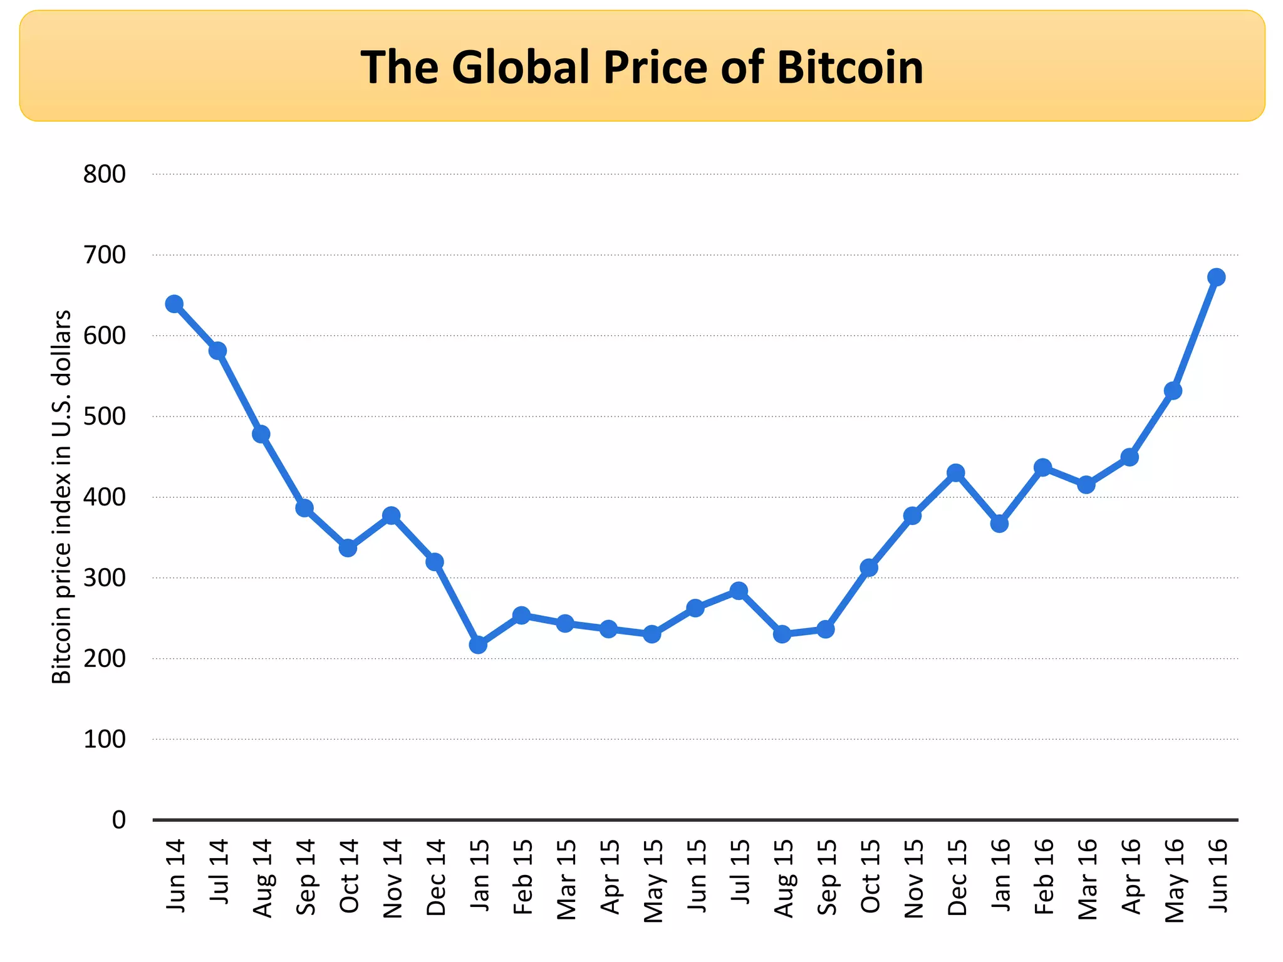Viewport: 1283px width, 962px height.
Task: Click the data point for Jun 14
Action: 174,304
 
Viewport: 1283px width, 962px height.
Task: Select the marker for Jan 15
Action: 478,644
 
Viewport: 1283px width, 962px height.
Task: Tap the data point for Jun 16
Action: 1216,277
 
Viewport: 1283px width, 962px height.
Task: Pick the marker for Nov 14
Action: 392,515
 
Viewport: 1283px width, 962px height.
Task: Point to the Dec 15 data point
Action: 955,472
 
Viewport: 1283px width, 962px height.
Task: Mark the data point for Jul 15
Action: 739,591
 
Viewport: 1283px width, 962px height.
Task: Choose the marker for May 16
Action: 1173,391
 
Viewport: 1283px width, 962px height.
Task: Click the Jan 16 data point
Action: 999,523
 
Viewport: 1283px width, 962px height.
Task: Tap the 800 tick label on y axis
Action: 104,175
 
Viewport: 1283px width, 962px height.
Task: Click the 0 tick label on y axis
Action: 118,820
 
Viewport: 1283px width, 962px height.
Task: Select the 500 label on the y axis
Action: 104,416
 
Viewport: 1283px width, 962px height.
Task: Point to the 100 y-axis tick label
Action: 104,740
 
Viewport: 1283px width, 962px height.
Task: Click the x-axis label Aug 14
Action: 262,878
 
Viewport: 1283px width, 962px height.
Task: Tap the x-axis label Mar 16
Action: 1087,879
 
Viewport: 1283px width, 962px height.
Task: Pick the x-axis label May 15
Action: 653,881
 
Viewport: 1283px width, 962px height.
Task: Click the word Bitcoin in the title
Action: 850,67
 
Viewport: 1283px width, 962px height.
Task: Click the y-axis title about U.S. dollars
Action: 61,497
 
